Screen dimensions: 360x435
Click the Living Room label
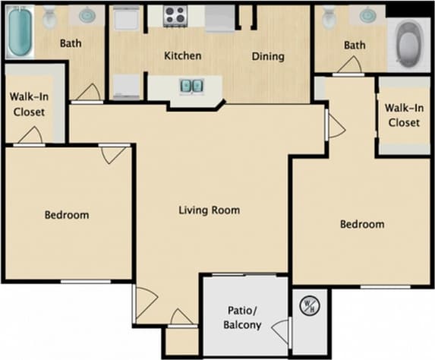click(x=210, y=210)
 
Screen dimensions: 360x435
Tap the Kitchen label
click(x=183, y=55)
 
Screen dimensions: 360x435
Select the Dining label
click(x=268, y=55)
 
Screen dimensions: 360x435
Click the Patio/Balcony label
click(x=244, y=317)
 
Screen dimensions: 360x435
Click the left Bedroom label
click(x=66, y=215)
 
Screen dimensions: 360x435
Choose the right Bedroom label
click(x=361, y=224)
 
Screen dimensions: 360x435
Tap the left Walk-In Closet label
click(x=27, y=104)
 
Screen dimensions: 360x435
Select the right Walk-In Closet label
click(x=403, y=115)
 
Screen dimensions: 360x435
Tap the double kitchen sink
click(x=191, y=85)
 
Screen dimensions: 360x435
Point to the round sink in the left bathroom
click(x=87, y=15)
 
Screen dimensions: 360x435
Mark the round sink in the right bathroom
click(x=367, y=15)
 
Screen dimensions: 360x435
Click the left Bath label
click(x=71, y=43)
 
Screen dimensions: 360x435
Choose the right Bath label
click(x=355, y=46)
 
